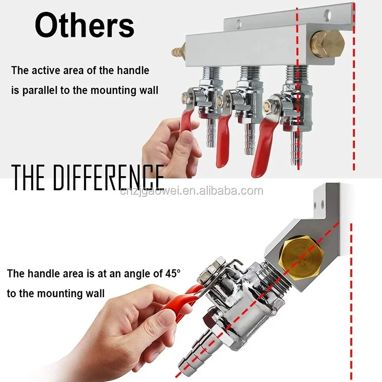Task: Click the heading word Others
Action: tap(85, 25)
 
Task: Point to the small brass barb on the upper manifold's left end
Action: tap(178, 51)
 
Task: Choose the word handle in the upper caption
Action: tap(133, 71)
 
